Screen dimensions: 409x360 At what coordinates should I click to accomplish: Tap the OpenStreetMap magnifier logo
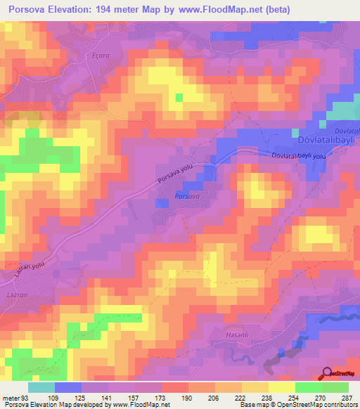327,374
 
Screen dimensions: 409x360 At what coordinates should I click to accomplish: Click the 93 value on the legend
27,398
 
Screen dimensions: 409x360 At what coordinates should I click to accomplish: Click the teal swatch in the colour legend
41,387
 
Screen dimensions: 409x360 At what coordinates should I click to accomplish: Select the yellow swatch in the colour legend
282,387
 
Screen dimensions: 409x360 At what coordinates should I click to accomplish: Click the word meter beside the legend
11,398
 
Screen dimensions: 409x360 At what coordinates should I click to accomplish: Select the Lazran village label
17,297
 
